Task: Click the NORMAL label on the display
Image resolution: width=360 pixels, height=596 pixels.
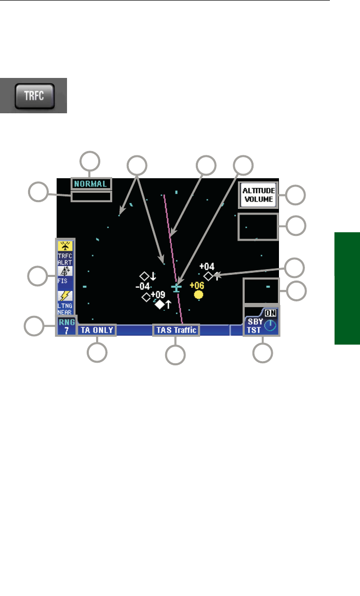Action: click(91, 183)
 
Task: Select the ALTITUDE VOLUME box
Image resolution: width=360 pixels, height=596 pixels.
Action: click(258, 195)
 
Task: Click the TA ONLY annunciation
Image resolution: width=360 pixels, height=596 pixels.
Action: click(97, 329)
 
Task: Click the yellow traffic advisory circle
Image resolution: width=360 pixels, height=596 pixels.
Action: click(198, 295)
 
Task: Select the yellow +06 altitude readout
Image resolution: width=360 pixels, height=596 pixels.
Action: click(197, 285)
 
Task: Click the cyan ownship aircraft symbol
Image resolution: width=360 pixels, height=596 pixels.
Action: click(177, 287)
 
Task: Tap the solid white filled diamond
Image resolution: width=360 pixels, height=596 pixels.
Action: click(159, 304)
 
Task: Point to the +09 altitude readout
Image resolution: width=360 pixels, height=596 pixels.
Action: click(158, 295)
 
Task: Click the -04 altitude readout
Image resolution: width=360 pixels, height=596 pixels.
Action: click(143, 286)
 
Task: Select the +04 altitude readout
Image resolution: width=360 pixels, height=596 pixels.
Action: click(206, 267)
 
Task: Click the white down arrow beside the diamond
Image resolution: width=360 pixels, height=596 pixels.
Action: click(153, 276)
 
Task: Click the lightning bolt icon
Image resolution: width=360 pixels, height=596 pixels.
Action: click(65, 296)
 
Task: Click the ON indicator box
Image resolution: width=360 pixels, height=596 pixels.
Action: click(270, 313)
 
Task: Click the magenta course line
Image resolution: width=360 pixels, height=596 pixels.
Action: click(171, 244)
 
